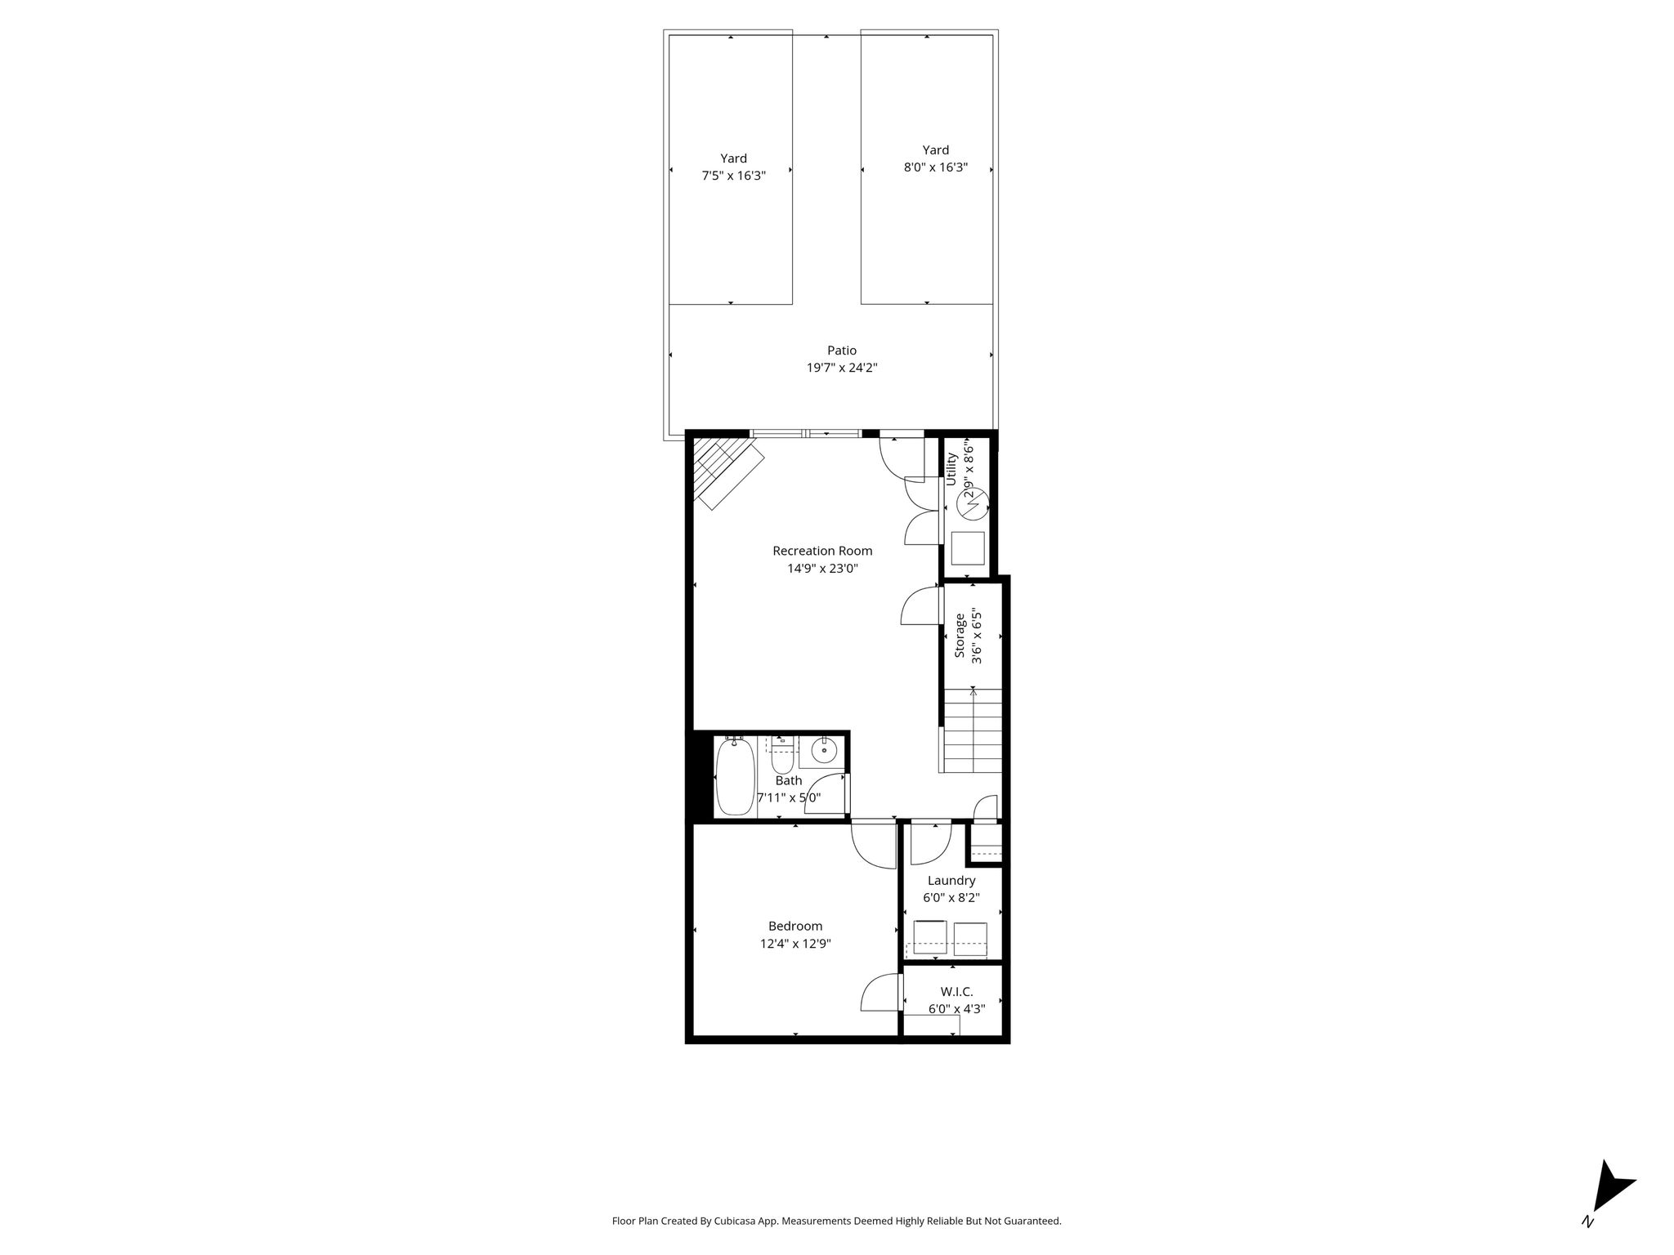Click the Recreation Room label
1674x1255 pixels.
pos(822,551)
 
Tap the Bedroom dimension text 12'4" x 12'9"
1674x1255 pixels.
pos(795,944)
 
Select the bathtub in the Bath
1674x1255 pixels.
pos(734,775)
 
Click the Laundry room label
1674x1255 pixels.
pos(951,881)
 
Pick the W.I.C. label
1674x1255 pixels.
pos(956,992)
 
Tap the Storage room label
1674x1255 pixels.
pos(960,636)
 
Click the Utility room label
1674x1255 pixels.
pos(951,469)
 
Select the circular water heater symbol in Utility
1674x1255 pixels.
pos(973,505)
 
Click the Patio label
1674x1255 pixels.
pos(842,351)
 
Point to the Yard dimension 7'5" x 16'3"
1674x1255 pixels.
pos(733,176)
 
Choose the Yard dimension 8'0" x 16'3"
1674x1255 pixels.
pos(936,167)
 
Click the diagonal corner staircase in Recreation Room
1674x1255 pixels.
pos(726,473)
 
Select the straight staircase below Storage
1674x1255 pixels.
pos(973,730)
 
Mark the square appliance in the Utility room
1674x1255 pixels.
pos(968,547)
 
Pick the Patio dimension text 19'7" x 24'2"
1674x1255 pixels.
pos(842,368)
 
